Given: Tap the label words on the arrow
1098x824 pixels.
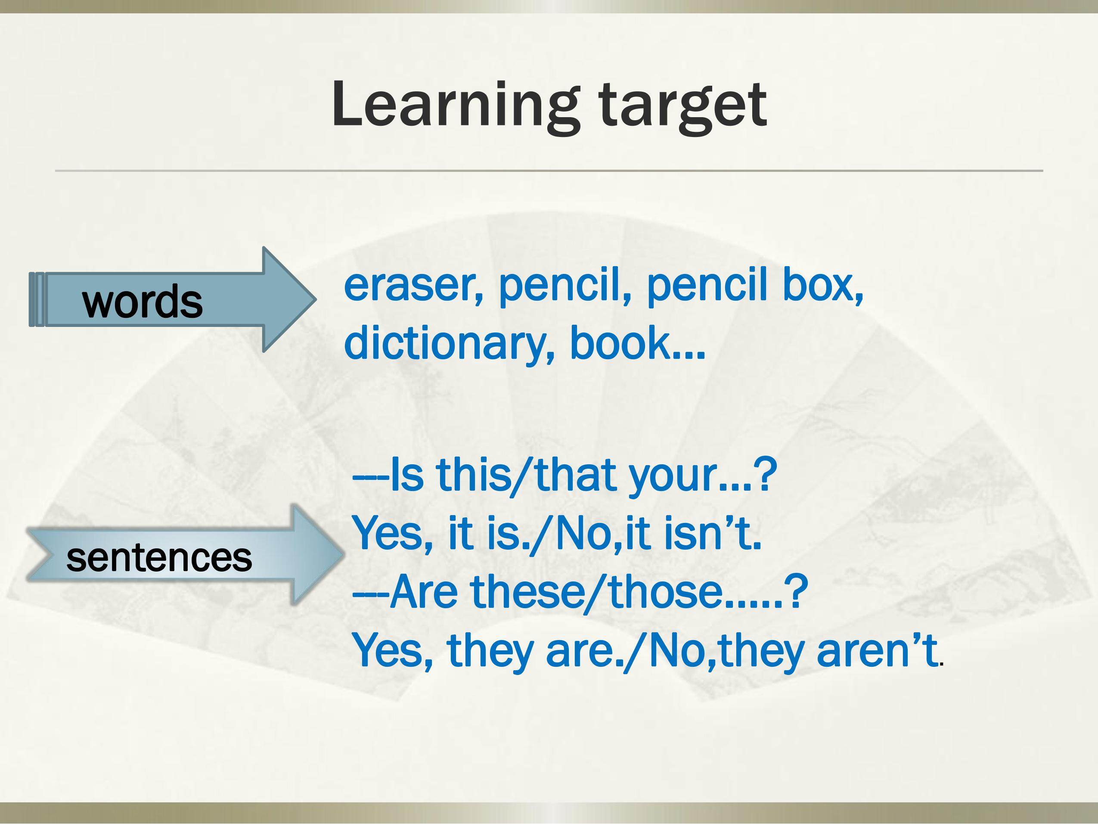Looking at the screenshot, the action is click(x=143, y=302).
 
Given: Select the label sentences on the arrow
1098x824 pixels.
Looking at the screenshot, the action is click(x=159, y=557).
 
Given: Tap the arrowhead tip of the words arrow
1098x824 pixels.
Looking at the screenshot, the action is click(x=316, y=299).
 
